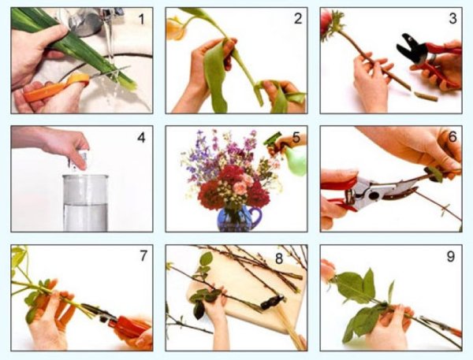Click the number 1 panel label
[x=141, y=19]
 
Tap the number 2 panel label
[x=298, y=19]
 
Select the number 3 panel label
[x=453, y=19]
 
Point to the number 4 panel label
[x=141, y=138]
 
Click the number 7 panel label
[x=143, y=256]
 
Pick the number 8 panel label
[x=279, y=258]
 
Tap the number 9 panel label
[x=450, y=257]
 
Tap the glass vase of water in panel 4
[x=85, y=203]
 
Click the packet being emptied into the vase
[x=78, y=160]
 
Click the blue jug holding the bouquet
[x=238, y=218]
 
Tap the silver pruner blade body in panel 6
[x=373, y=193]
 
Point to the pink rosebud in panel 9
[x=328, y=271]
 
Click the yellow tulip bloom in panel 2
[x=176, y=29]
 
